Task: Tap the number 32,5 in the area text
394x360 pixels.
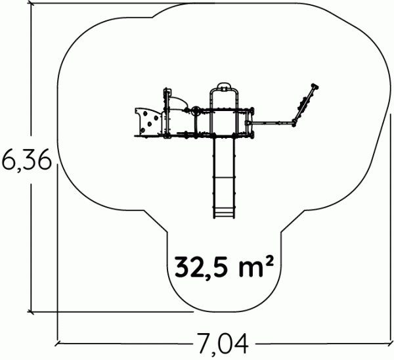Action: (x=204, y=267)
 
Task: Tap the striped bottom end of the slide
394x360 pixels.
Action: (x=224, y=213)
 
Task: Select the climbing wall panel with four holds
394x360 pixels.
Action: (x=149, y=122)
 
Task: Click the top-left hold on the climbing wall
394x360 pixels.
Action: (x=145, y=114)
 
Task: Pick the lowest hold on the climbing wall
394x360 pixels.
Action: (x=143, y=130)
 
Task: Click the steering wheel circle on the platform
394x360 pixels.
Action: (x=196, y=110)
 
